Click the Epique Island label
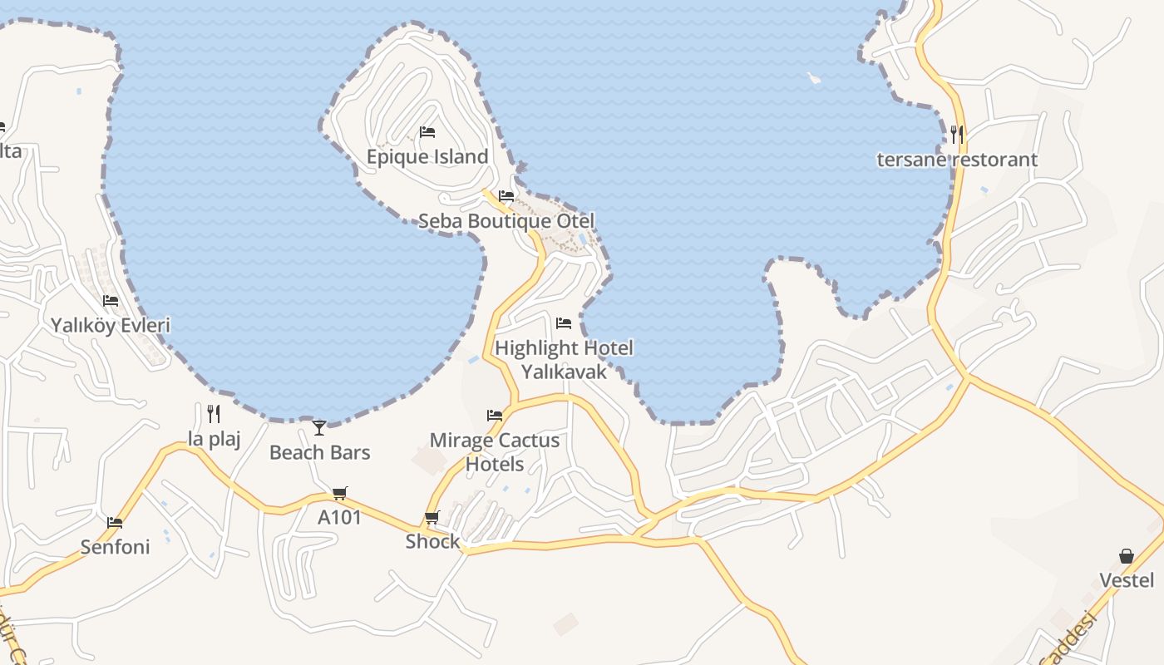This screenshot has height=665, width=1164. (427, 157)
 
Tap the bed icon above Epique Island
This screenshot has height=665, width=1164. (427, 132)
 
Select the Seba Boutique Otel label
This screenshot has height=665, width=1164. (506, 221)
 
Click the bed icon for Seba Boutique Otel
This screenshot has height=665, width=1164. (506, 196)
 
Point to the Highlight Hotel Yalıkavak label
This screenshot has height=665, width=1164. (564, 359)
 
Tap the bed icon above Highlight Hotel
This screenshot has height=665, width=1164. (564, 323)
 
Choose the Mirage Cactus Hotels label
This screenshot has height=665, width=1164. (495, 451)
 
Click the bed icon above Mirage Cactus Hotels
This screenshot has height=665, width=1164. (495, 415)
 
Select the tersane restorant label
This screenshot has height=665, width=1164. (957, 160)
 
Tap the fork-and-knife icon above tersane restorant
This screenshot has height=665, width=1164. (957, 133)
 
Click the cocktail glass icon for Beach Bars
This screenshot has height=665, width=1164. (319, 427)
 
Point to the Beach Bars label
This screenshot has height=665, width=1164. (319, 453)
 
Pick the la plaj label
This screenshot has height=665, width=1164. (214, 439)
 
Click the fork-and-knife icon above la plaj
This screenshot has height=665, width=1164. (214, 413)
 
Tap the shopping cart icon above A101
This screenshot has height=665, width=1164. (339, 494)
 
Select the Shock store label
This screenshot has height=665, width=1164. (432, 542)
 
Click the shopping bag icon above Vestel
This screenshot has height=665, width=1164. (1127, 555)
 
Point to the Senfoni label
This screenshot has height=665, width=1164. (115, 547)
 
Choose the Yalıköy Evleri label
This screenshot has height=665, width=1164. (111, 325)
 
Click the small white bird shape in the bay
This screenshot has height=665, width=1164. (814, 78)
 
